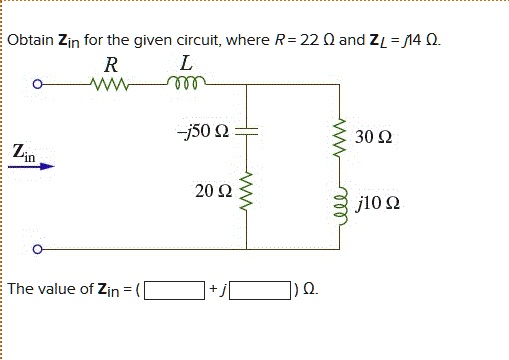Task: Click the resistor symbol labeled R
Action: click(109, 84)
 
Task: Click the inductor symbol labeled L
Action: click(186, 82)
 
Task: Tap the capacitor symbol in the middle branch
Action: click(247, 131)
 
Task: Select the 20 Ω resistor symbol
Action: click(246, 191)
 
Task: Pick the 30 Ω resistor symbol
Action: click(340, 137)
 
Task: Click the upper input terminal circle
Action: click(37, 84)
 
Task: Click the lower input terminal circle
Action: click(37, 249)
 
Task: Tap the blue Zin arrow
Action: click(31, 166)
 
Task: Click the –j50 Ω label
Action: click(203, 131)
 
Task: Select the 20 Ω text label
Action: click(213, 191)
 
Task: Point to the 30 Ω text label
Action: click(373, 137)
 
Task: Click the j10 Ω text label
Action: click(378, 202)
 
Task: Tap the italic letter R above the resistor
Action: click(111, 65)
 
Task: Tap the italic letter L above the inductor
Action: click(186, 63)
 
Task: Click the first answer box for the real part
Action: click(174, 290)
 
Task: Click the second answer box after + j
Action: click(260, 290)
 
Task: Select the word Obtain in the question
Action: click(30, 40)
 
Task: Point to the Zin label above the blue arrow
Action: click(24, 152)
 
